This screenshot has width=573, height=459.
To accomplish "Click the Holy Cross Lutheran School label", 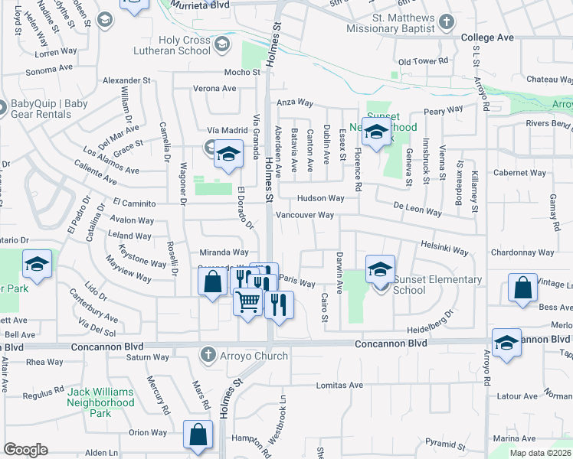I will [x=184, y=46].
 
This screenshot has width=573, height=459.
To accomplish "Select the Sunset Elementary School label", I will [x=437, y=285].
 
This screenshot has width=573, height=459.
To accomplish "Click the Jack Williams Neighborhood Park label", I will [x=100, y=402].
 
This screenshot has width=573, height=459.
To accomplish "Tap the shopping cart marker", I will [x=247, y=301].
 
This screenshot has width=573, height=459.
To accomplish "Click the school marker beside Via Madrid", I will [x=228, y=155].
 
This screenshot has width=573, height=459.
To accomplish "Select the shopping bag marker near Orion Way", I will [x=198, y=435].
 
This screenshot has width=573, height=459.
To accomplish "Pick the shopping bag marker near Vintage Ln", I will [x=522, y=289].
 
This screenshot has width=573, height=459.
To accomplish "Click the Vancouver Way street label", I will [x=305, y=215].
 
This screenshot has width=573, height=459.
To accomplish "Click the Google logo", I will [x=25, y=450].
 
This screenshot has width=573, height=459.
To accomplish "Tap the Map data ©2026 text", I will [x=540, y=453].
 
